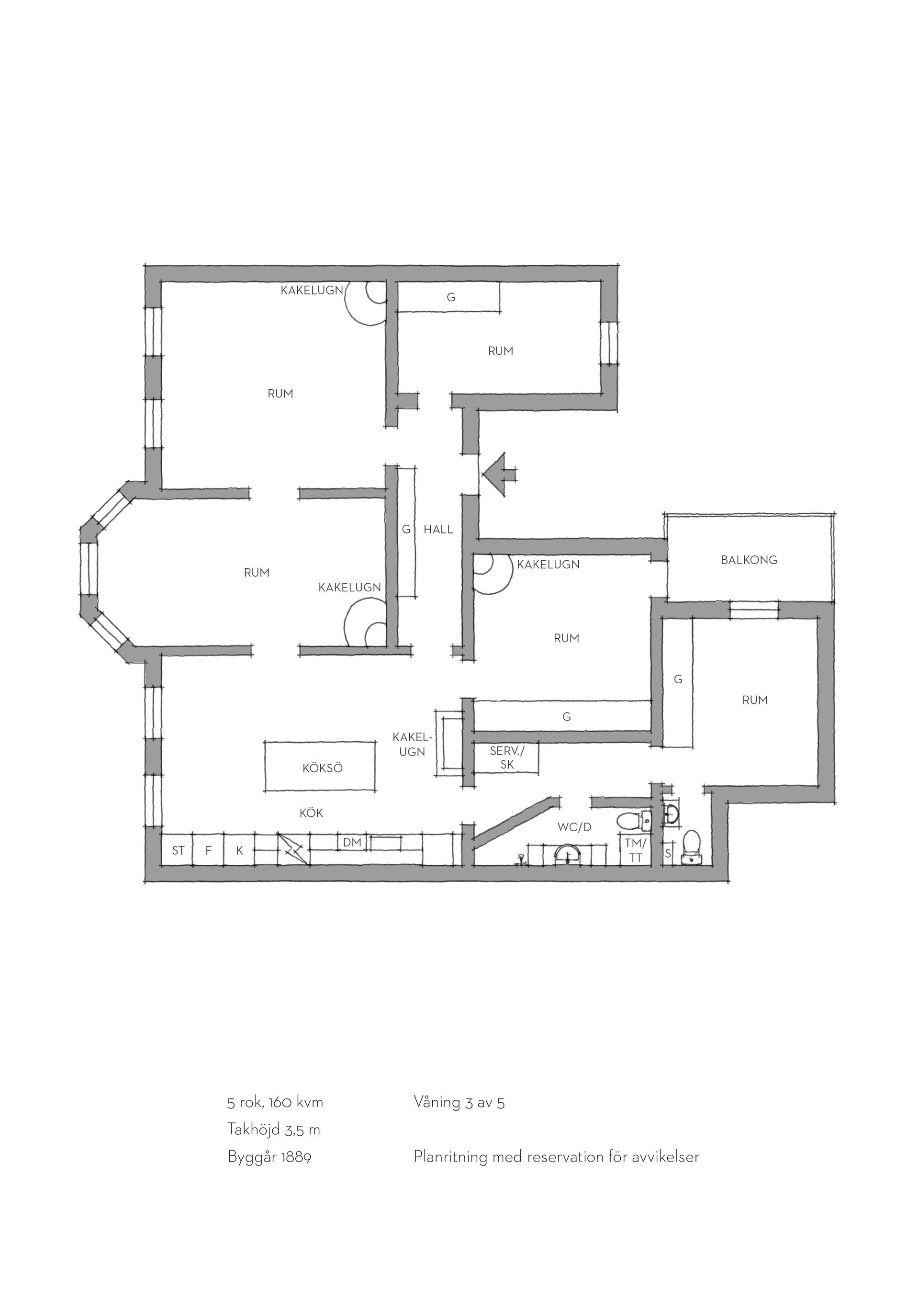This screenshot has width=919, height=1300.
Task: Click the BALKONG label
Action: click(x=749, y=560)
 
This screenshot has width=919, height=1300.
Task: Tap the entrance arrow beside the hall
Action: click(x=498, y=475)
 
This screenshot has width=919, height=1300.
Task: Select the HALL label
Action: click(x=438, y=530)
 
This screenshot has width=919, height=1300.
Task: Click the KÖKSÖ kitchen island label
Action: click(x=323, y=769)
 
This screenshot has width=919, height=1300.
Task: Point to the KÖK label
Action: click(x=311, y=813)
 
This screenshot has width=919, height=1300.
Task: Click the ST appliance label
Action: click(x=178, y=850)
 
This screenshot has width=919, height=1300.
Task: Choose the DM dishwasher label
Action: click(x=352, y=843)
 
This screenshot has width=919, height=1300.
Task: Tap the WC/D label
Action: click(x=574, y=827)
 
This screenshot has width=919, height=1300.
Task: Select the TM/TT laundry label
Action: click(x=636, y=850)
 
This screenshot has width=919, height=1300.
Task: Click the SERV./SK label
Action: click(x=507, y=757)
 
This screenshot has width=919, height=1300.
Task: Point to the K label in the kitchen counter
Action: click(x=239, y=850)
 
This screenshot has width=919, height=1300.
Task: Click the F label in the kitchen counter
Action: click(x=208, y=850)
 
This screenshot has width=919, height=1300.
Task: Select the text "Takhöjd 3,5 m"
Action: click(x=274, y=1130)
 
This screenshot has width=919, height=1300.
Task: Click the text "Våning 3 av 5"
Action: click(x=459, y=1102)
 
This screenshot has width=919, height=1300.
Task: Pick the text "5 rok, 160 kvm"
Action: click(x=275, y=1102)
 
